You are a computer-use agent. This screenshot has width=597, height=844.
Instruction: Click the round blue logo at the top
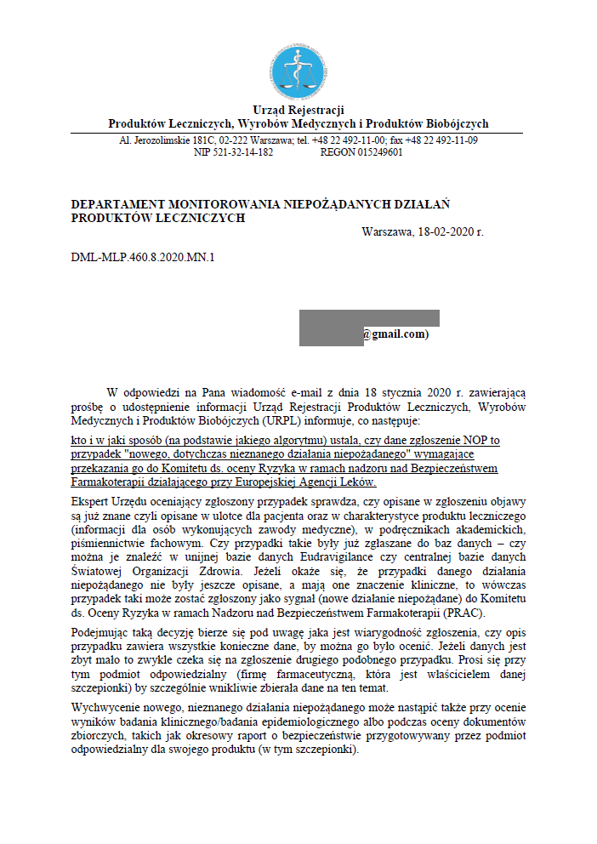[x=298, y=71]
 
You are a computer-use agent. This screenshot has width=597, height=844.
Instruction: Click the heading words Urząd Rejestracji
[x=298, y=111]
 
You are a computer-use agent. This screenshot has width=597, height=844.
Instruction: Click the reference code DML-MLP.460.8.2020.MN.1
[x=143, y=256]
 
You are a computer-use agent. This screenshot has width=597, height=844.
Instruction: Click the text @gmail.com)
[x=395, y=334]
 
